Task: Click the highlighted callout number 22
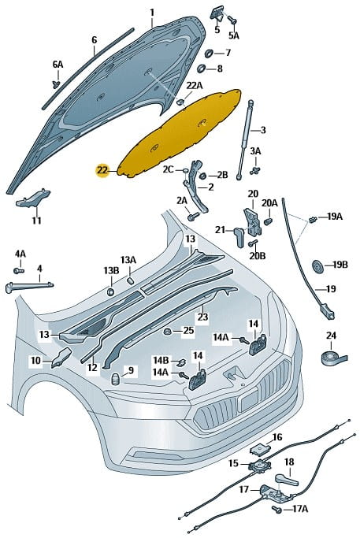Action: [102, 170]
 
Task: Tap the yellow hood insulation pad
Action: [180, 134]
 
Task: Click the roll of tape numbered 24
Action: [334, 357]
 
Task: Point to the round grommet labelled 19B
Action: [317, 266]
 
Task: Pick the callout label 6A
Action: [58, 64]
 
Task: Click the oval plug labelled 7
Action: [209, 54]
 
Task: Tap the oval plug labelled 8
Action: [201, 69]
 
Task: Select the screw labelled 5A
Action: [232, 19]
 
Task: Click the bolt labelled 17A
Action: [276, 509]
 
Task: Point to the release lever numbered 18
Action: [286, 479]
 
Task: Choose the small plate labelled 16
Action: [258, 447]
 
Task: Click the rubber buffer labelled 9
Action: [116, 379]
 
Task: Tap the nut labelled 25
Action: [168, 332]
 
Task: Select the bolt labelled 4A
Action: [19, 270]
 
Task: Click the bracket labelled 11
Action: [33, 199]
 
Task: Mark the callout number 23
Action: [202, 316]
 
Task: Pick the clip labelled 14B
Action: [181, 362]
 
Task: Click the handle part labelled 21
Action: [239, 236]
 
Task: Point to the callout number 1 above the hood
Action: [152, 13]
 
